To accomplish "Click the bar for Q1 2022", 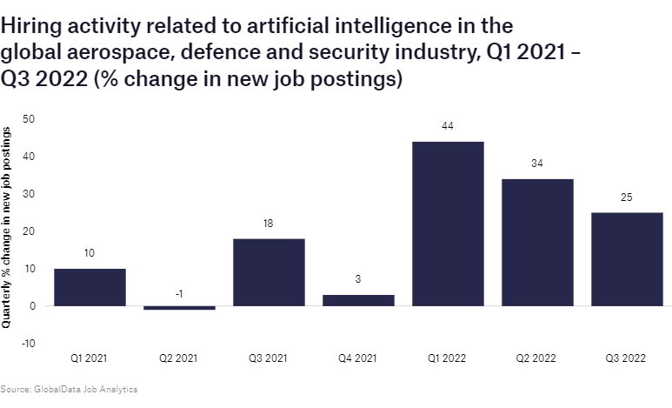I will tap(448, 224).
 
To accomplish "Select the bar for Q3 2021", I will tap(269, 272).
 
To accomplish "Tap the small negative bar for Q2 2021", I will tap(179, 308).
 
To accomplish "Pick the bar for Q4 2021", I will tap(358, 300).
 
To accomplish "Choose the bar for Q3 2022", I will tap(627, 259).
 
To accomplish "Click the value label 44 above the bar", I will tap(448, 127).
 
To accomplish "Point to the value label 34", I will tap(537, 164).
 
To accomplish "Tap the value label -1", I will tap(179, 294).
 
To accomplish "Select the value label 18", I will tap(269, 224).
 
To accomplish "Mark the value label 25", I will tap(627, 198).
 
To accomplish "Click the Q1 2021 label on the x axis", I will tap(90, 358).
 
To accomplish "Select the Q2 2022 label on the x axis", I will tap(537, 358).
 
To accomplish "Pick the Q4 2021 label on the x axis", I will tap(358, 358).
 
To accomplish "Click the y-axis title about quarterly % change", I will tap(7, 226).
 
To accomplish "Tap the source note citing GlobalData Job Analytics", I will tap(69, 390).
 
